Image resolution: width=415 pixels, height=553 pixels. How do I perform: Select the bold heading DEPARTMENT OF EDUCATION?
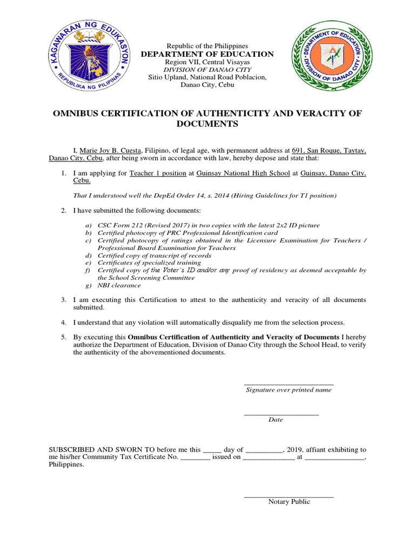207,54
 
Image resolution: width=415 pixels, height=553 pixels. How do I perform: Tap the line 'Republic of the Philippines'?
207,46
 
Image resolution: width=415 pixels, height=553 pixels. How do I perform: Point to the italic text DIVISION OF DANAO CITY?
207,70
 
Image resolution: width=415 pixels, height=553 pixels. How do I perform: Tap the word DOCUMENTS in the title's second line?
207,124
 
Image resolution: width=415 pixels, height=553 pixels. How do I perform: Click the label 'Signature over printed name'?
289,389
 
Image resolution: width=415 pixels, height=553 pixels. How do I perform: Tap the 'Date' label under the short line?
276,420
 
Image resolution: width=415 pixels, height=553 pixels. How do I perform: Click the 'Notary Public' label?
289,502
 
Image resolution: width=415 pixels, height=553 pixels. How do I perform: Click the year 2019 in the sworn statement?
295,449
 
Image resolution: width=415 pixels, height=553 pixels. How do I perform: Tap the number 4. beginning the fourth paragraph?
63,322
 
